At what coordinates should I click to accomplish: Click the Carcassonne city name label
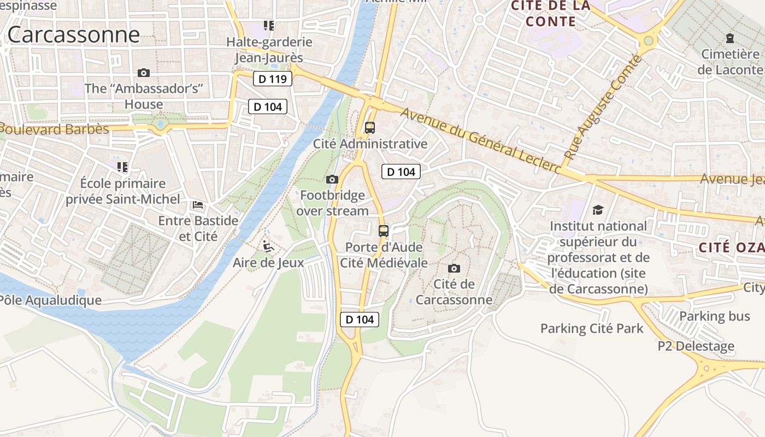tap(73, 34)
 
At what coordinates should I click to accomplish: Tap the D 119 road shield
tap(273, 79)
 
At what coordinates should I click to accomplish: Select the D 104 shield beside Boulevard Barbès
tap(268, 107)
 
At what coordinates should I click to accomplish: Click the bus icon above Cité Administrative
tap(370, 128)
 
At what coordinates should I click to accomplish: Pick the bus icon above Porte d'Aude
tap(384, 231)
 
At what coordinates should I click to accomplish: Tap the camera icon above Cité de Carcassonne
tap(454, 268)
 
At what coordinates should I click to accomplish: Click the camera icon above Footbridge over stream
tap(332, 179)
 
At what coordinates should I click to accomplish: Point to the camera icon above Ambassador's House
tap(144, 73)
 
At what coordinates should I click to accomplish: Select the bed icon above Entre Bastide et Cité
tap(198, 205)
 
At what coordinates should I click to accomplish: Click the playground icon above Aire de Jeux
tap(268, 247)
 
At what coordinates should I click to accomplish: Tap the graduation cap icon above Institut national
tap(598, 210)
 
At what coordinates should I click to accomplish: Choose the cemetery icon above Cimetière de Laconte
tap(729, 38)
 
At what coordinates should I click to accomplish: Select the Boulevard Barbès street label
tap(55, 129)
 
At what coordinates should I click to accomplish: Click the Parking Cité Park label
tap(592, 328)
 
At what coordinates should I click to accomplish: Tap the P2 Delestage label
tap(696, 346)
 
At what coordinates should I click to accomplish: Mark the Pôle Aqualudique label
tap(50, 300)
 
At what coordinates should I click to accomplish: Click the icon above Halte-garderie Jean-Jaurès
tap(268, 25)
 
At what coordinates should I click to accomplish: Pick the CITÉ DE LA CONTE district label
tap(551, 14)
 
